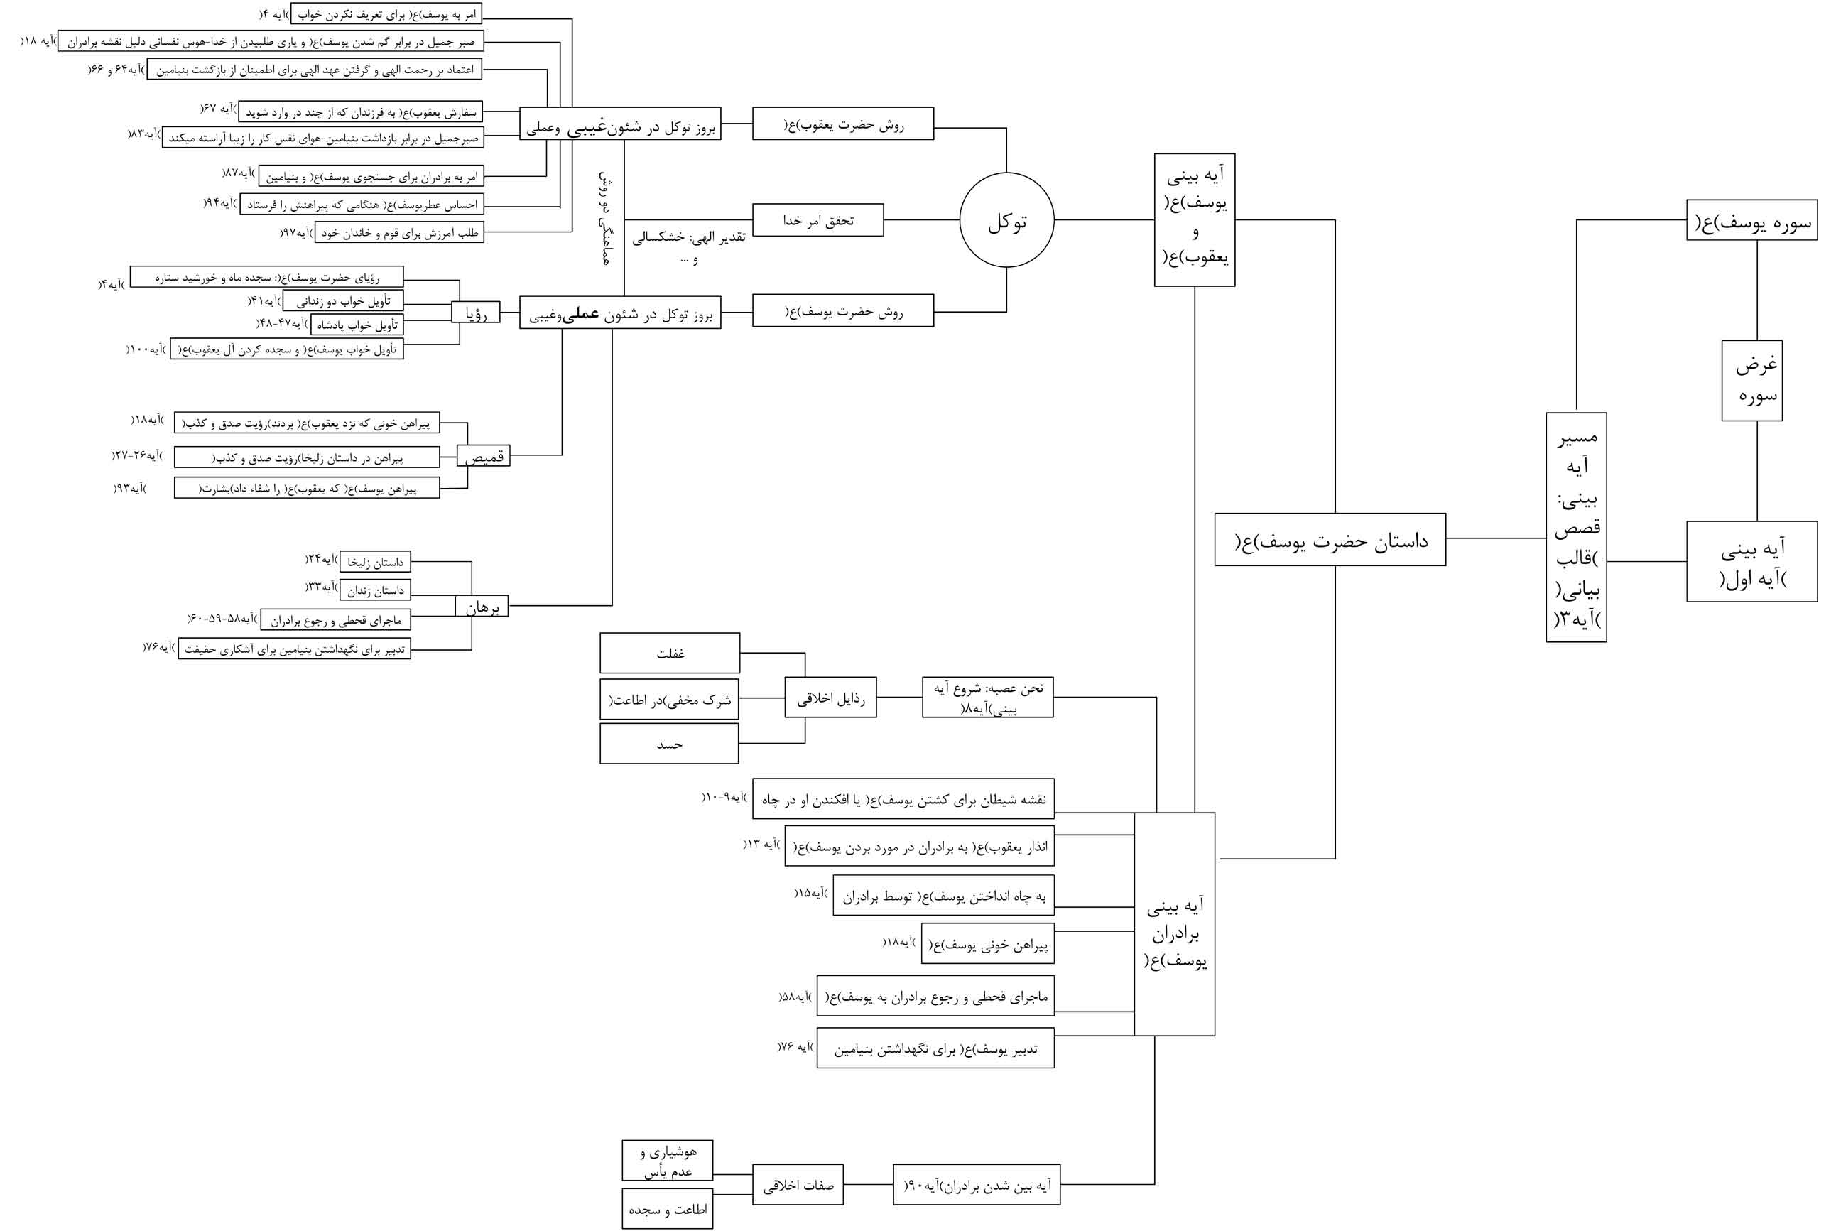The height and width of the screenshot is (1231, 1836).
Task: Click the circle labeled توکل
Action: tap(1006, 221)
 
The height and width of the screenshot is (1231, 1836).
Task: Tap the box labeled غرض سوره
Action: tap(1751, 381)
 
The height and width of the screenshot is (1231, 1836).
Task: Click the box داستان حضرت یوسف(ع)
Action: tap(1330, 539)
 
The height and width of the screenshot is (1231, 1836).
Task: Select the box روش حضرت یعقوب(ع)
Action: tap(842, 124)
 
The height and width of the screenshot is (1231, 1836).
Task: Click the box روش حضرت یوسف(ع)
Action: tap(842, 311)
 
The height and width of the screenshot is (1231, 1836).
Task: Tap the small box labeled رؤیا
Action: tap(476, 313)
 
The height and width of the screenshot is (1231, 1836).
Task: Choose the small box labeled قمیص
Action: tap(484, 455)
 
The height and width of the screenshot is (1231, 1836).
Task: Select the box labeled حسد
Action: tap(669, 744)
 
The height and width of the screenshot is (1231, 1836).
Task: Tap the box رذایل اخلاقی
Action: tap(830, 697)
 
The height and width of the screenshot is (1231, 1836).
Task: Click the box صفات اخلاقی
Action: tap(798, 1185)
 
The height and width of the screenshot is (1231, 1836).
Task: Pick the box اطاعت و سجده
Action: tap(667, 1209)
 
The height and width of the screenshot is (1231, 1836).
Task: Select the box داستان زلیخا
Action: tap(375, 562)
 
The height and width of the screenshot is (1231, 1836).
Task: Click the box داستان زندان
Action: tap(375, 590)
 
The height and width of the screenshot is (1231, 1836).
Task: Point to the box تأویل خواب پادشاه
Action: tap(357, 324)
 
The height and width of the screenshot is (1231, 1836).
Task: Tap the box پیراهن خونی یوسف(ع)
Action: tap(987, 945)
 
